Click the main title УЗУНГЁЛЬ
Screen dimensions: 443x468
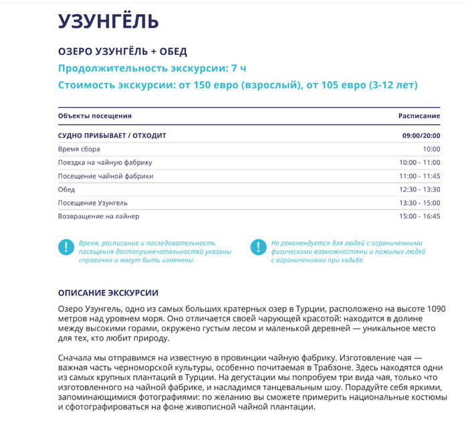[108, 21]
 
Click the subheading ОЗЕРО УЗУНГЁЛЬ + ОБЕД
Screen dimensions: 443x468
[122, 52]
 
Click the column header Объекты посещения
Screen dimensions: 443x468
[95, 116]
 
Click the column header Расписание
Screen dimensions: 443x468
[419, 116]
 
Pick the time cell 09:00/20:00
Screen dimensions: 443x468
[421, 136]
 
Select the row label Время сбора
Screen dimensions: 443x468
[79, 149]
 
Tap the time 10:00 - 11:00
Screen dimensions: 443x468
[419, 163]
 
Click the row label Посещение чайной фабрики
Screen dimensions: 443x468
[106, 176]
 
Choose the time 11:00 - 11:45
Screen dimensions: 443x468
[419, 176]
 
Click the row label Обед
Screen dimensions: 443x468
[67, 189]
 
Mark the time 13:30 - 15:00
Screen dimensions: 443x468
[419, 203]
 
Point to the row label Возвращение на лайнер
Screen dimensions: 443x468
[99, 216]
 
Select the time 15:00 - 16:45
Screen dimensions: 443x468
[419, 216]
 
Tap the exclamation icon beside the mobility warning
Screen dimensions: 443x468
[259, 247]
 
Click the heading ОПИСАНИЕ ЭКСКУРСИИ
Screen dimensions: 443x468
[108, 293]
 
